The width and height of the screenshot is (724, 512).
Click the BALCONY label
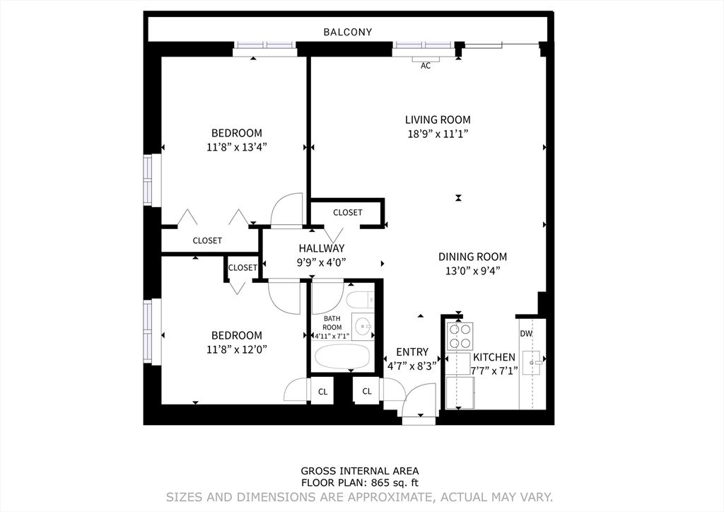coord(347,32)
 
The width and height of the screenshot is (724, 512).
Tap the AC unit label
coord(426,66)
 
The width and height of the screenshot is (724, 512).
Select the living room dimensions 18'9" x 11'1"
coord(437,133)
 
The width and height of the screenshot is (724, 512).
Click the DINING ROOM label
coord(472,257)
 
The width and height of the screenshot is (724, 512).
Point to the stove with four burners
coord(460,336)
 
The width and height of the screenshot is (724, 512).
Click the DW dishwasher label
coord(526,334)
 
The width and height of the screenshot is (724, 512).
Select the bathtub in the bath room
coord(343,358)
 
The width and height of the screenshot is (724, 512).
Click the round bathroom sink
coord(363,327)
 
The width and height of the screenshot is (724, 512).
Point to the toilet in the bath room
coord(361,300)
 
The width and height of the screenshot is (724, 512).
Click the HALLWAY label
coord(321,248)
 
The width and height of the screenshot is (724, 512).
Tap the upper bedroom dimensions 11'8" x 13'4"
coord(236,147)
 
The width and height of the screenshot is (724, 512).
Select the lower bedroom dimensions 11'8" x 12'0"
coord(236,349)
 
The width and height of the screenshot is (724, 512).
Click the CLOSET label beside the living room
coord(347,212)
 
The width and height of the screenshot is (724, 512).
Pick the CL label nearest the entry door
coord(367,391)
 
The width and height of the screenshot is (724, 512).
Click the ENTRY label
coord(412,351)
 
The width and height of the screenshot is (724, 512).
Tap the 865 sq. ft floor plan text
coord(360,482)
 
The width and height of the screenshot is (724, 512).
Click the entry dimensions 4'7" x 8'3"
coord(412,366)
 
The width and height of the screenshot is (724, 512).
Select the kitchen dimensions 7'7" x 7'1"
coord(494,370)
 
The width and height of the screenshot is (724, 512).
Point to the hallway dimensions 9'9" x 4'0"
coord(321,262)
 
